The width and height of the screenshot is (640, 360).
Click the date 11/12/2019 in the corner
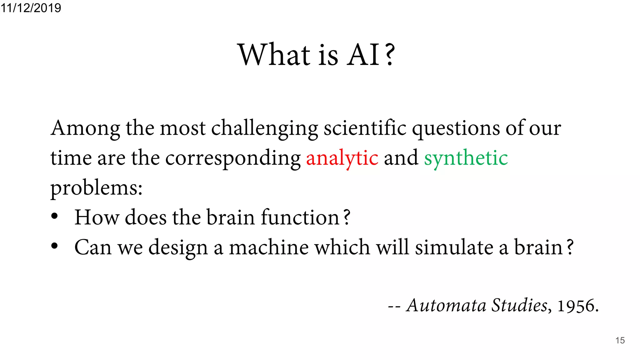(x=31, y=7)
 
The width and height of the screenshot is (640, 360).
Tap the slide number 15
(x=620, y=340)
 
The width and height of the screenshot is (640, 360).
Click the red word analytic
(x=342, y=158)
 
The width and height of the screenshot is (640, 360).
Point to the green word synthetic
(x=466, y=158)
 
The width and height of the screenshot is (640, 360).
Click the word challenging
(x=264, y=128)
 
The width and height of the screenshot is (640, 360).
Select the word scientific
(x=365, y=128)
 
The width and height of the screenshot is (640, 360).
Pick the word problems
(x=96, y=188)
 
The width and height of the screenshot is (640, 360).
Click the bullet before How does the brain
(x=54, y=216)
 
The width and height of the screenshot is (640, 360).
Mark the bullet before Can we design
(x=54, y=246)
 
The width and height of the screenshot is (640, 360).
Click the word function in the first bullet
(x=300, y=217)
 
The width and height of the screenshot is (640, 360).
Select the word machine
(x=269, y=247)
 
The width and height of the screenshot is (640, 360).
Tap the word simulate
(x=454, y=247)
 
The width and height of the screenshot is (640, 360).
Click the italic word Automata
(x=446, y=305)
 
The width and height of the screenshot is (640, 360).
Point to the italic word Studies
(x=519, y=305)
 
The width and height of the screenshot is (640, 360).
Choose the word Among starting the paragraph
(x=85, y=128)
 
